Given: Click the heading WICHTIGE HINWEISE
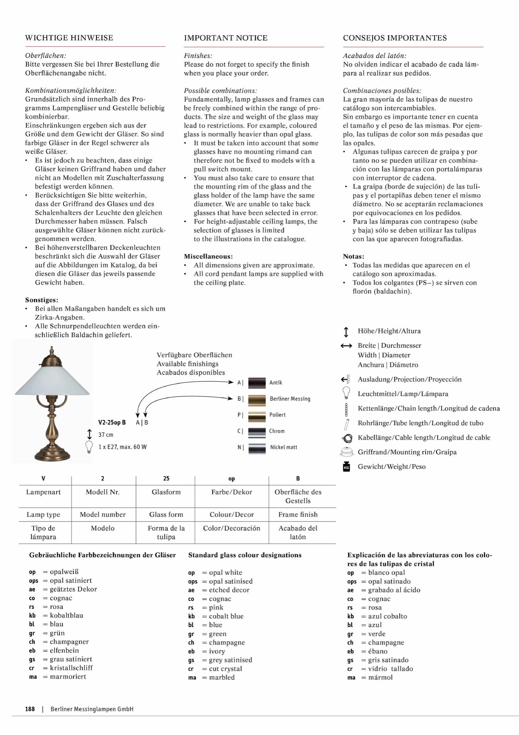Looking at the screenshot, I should (x=69, y=38).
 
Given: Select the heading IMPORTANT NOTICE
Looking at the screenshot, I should (x=226, y=38).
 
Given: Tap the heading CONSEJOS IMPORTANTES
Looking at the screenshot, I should (x=395, y=38).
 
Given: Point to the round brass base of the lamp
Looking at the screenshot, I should (x=52, y=454).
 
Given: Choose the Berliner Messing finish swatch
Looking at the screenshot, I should (x=257, y=399).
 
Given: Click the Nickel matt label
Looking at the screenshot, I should (x=283, y=447).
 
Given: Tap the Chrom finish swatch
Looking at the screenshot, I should (x=257, y=431).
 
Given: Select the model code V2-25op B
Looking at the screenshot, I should (x=112, y=422).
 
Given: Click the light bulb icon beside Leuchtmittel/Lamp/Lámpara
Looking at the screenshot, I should (x=346, y=393).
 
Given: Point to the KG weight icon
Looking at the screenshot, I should (x=346, y=466).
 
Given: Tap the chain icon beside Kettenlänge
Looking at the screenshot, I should (x=346, y=408).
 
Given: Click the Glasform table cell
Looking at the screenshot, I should (x=166, y=492).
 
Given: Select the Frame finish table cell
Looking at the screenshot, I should (x=298, y=514).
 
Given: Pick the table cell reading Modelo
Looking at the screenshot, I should (x=103, y=528).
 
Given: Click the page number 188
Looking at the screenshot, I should (x=30, y=709).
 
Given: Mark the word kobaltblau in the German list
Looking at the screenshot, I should (x=66, y=615).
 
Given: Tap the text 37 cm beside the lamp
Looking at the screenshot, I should (x=106, y=435).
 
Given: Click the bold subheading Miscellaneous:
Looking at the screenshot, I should (x=208, y=256).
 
